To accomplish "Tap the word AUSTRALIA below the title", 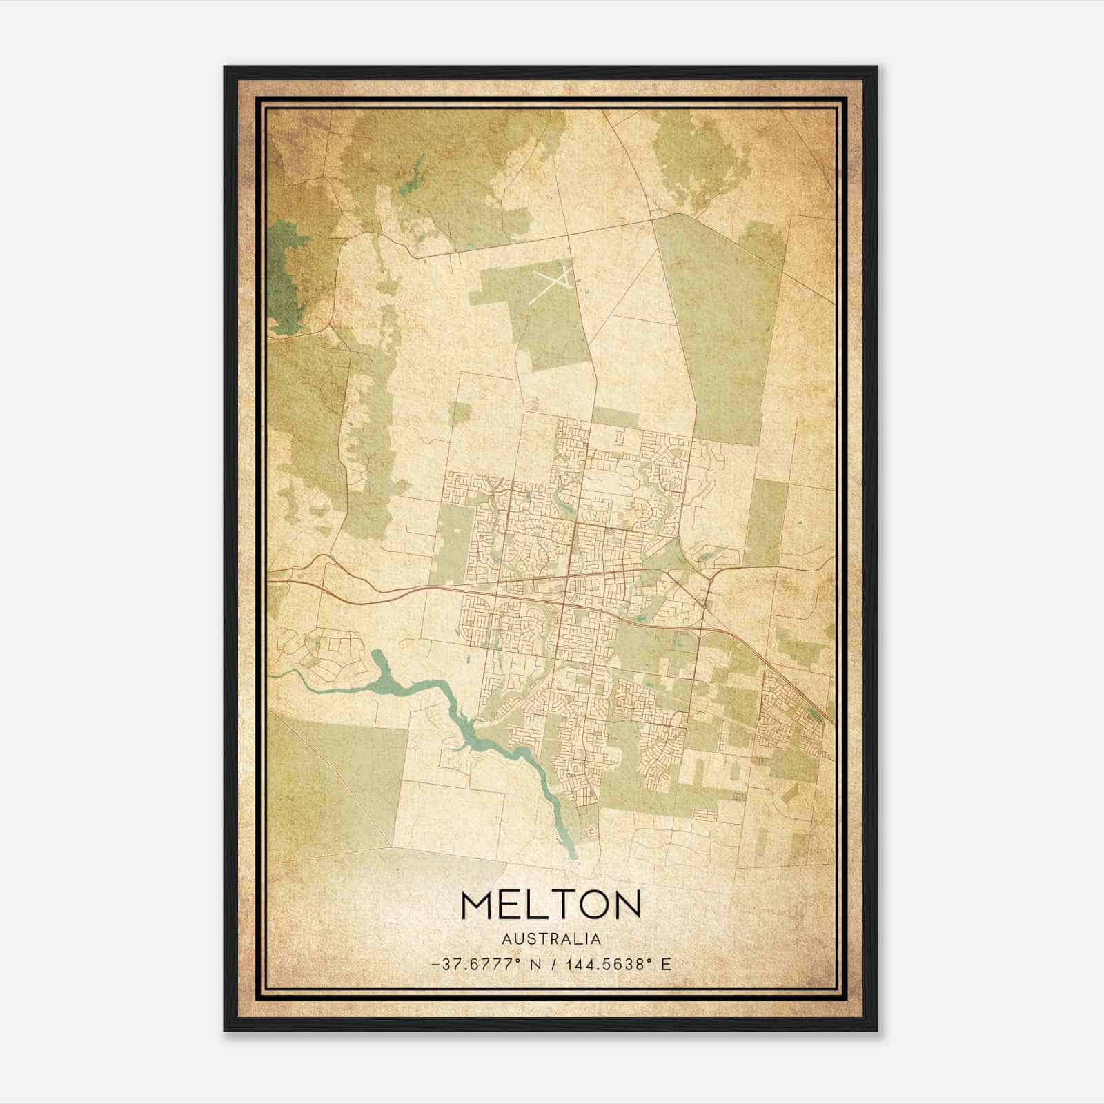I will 551,939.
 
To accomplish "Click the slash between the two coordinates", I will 552,965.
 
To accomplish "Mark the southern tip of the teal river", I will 573,856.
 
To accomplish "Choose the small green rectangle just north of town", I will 615,417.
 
